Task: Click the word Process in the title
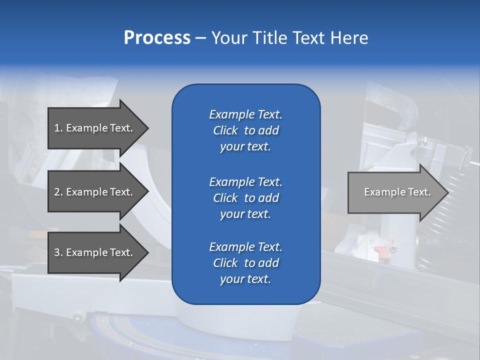(x=157, y=38)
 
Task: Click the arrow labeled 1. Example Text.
(x=95, y=128)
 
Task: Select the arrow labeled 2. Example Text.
(x=95, y=192)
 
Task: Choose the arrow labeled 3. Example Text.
(x=95, y=252)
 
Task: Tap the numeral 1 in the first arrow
(x=57, y=128)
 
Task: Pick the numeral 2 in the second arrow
(x=57, y=192)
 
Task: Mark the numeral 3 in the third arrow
(x=57, y=252)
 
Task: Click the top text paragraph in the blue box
(x=245, y=130)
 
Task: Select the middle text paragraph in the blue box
(x=245, y=198)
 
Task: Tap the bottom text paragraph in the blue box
(x=245, y=263)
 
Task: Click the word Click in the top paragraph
(x=225, y=130)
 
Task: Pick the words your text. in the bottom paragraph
(x=245, y=279)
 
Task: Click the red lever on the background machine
(x=381, y=250)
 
